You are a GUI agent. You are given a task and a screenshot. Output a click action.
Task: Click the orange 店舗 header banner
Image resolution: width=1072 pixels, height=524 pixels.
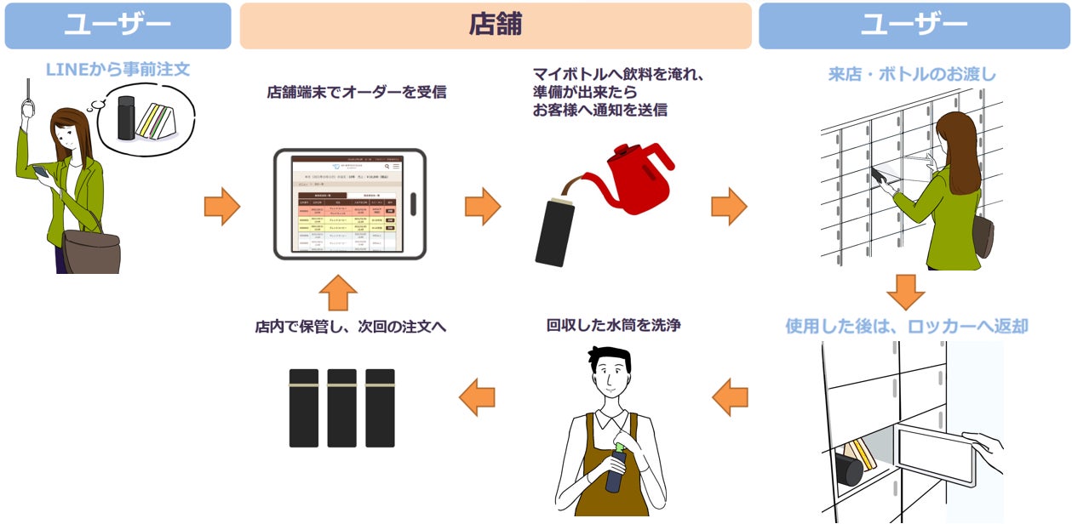[x=495, y=26]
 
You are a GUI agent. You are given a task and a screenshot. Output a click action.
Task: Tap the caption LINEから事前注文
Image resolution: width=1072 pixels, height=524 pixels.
[x=118, y=70]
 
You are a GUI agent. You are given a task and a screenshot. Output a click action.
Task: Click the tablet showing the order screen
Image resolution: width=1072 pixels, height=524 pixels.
[x=349, y=204]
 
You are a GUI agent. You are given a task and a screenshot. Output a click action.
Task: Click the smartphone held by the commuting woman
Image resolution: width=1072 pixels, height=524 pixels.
[x=39, y=172]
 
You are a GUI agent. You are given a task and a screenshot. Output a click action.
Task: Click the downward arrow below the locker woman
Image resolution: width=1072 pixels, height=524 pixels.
[x=905, y=292]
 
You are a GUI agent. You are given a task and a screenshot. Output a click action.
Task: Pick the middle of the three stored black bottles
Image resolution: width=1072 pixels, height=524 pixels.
[x=341, y=408]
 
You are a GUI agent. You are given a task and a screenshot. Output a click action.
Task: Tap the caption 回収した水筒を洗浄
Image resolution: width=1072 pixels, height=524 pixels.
[x=613, y=325]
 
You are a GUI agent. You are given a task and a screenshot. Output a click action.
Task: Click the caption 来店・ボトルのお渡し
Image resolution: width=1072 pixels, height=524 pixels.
[x=912, y=74]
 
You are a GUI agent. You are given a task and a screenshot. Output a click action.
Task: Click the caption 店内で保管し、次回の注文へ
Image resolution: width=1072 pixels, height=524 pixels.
[x=350, y=326]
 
